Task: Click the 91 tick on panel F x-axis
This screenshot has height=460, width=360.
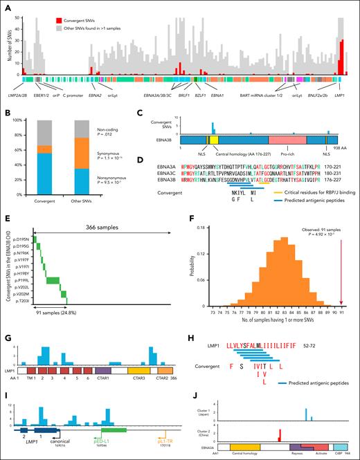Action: tap(341, 312)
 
